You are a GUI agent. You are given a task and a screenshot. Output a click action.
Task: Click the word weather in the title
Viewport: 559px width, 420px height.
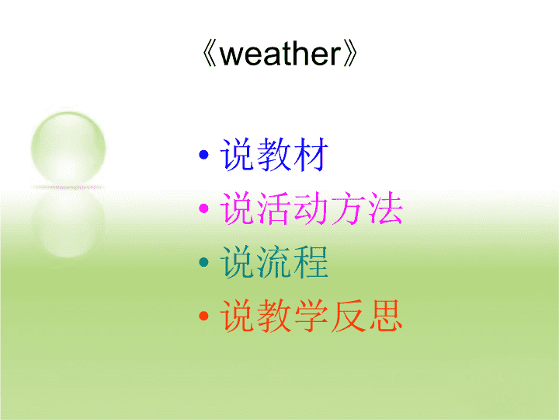click(281, 54)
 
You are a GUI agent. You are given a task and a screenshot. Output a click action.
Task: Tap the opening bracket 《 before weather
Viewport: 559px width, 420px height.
click(210, 54)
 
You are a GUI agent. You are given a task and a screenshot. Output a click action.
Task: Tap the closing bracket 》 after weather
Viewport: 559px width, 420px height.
click(350, 54)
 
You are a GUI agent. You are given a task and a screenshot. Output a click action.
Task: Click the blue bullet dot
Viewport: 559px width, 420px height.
click(203, 155)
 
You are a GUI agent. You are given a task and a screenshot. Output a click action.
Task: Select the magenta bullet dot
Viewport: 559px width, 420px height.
click(203, 208)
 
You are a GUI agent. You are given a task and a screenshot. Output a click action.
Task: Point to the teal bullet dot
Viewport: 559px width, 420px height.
click(203, 262)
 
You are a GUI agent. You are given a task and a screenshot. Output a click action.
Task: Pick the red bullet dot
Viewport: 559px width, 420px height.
click(203, 316)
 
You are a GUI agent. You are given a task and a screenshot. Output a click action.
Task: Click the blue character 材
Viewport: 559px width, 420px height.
click(311, 154)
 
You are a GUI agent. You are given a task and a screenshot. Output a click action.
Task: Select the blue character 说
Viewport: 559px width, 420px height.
click(238, 154)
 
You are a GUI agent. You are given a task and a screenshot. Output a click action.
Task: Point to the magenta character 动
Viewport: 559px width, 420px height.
click(311, 208)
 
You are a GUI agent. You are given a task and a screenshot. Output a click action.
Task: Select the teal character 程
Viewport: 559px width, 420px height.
click(311, 262)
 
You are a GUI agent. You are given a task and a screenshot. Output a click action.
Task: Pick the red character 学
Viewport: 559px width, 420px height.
click(311, 315)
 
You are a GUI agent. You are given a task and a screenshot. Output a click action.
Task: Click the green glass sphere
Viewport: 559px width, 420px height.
click(68, 149)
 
